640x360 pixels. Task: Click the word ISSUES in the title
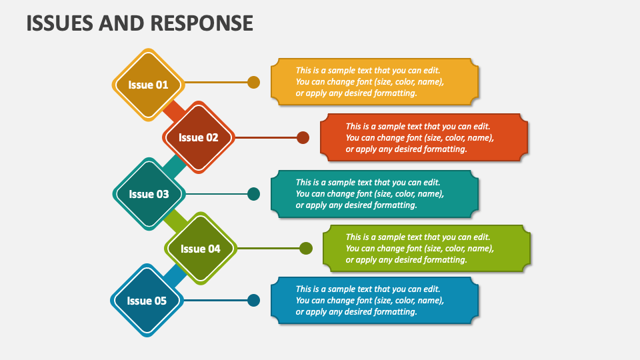click(x=59, y=23)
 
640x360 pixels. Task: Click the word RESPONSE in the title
click(x=201, y=23)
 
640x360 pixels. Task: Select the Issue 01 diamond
click(x=148, y=85)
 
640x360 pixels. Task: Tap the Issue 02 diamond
click(x=199, y=137)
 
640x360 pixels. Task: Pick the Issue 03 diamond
click(x=149, y=194)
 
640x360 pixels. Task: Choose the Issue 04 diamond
click(x=201, y=249)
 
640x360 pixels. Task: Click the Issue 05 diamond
click(x=147, y=301)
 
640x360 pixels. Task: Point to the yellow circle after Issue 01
click(x=253, y=83)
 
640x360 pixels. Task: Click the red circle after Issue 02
click(x=303, y=137)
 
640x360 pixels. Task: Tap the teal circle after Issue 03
click(x=253, y=194)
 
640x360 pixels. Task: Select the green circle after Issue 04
click(x=306, y=248)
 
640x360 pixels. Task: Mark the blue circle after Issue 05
click(x=253, y=301)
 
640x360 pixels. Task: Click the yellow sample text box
click(x=375, y=81)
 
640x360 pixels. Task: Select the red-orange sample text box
click(x=424, y=137)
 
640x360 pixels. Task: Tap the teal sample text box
click(x=375, y=194)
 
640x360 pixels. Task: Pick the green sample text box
click(x=427, y=248)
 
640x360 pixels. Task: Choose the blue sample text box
click(x=375, y=301)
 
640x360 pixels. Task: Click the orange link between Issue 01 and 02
click(x=173, y=111)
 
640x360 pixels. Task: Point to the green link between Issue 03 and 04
click(x=175, y=221)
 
